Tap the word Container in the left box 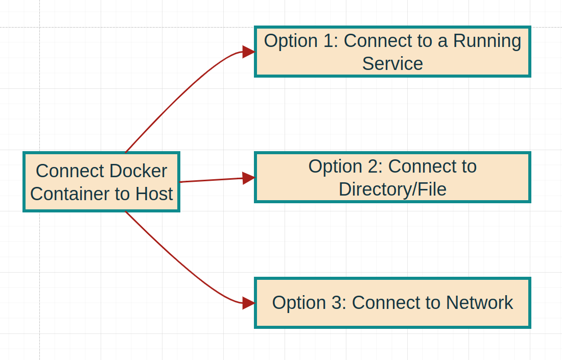click(x=62, y=194)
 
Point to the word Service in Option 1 click(x=392, y=64)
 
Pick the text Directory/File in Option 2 click(x=392, y=189)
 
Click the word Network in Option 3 click(x=479, y=303)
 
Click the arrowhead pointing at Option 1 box click(x=248, y=52)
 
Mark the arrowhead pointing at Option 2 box click(x=248, y=178)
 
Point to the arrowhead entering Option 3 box click(x=248, y=303)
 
